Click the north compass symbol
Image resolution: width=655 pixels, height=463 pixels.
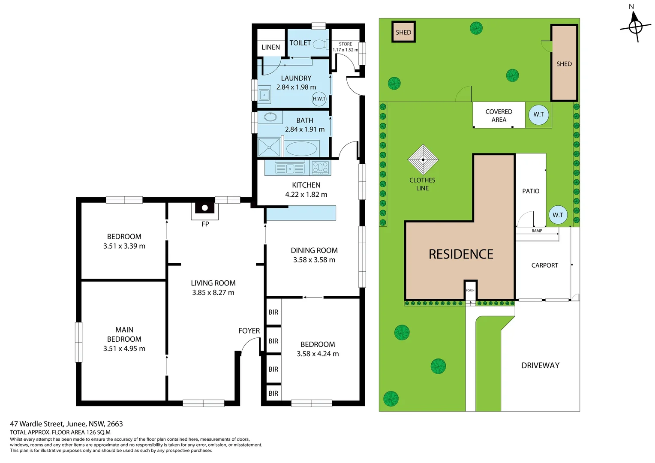coord(635,27)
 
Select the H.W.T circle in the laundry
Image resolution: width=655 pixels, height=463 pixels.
coord(319,99)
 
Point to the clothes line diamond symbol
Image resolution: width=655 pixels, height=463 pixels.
coord(423,159)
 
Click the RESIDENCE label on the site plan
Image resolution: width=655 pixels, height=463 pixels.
coord(461,254)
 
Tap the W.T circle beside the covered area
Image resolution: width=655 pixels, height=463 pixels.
coord(538,114)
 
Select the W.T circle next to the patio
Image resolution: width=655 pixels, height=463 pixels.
coord(558,215)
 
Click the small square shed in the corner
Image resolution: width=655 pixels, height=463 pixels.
coord(403,32)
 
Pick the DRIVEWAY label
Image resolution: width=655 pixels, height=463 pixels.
coord(540,365)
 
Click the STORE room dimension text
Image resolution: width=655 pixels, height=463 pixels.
coord(345,50)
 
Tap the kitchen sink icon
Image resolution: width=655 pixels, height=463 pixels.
coord(290,168)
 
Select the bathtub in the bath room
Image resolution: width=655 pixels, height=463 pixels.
coord(301,149)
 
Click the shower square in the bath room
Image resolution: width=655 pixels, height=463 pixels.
coord(269,147)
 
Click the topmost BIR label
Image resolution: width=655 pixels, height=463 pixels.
coord(273,312)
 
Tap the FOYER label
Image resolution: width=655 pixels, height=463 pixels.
coord(249,331)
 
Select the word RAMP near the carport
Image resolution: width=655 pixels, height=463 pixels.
coord(537,231)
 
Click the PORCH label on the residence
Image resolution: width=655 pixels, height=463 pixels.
coord(470,290)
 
